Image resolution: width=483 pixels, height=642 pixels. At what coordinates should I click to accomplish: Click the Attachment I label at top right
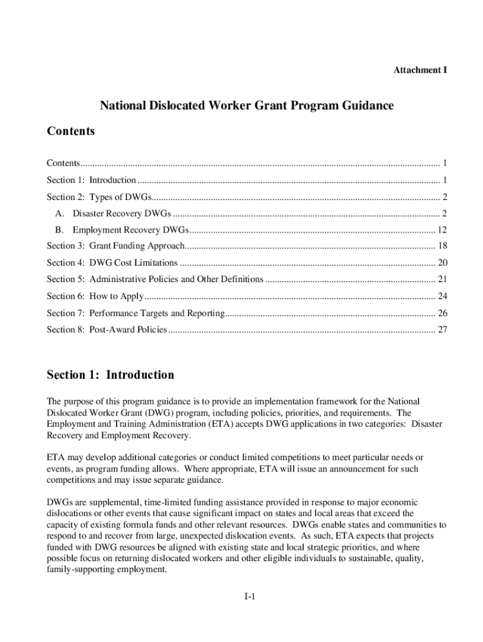420,70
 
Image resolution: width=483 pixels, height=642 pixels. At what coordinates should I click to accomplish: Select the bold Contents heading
70,131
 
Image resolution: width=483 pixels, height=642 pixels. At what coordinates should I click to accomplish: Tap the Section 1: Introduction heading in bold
110,375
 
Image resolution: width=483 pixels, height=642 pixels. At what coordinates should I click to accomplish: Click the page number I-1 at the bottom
249,597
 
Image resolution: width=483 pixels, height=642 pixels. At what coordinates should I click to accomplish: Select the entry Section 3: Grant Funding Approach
116,246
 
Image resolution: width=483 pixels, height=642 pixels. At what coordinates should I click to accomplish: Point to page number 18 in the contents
442,246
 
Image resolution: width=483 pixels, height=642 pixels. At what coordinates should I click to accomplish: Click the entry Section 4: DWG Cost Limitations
112,263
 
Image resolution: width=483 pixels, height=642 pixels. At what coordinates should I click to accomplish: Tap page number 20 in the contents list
442,263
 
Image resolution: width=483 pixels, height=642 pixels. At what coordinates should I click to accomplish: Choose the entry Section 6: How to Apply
95,296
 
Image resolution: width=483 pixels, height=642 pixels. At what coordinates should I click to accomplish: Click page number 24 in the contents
442,296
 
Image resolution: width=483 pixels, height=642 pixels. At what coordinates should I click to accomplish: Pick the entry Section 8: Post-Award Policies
107,329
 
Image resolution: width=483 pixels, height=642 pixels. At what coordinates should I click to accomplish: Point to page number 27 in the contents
442,329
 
